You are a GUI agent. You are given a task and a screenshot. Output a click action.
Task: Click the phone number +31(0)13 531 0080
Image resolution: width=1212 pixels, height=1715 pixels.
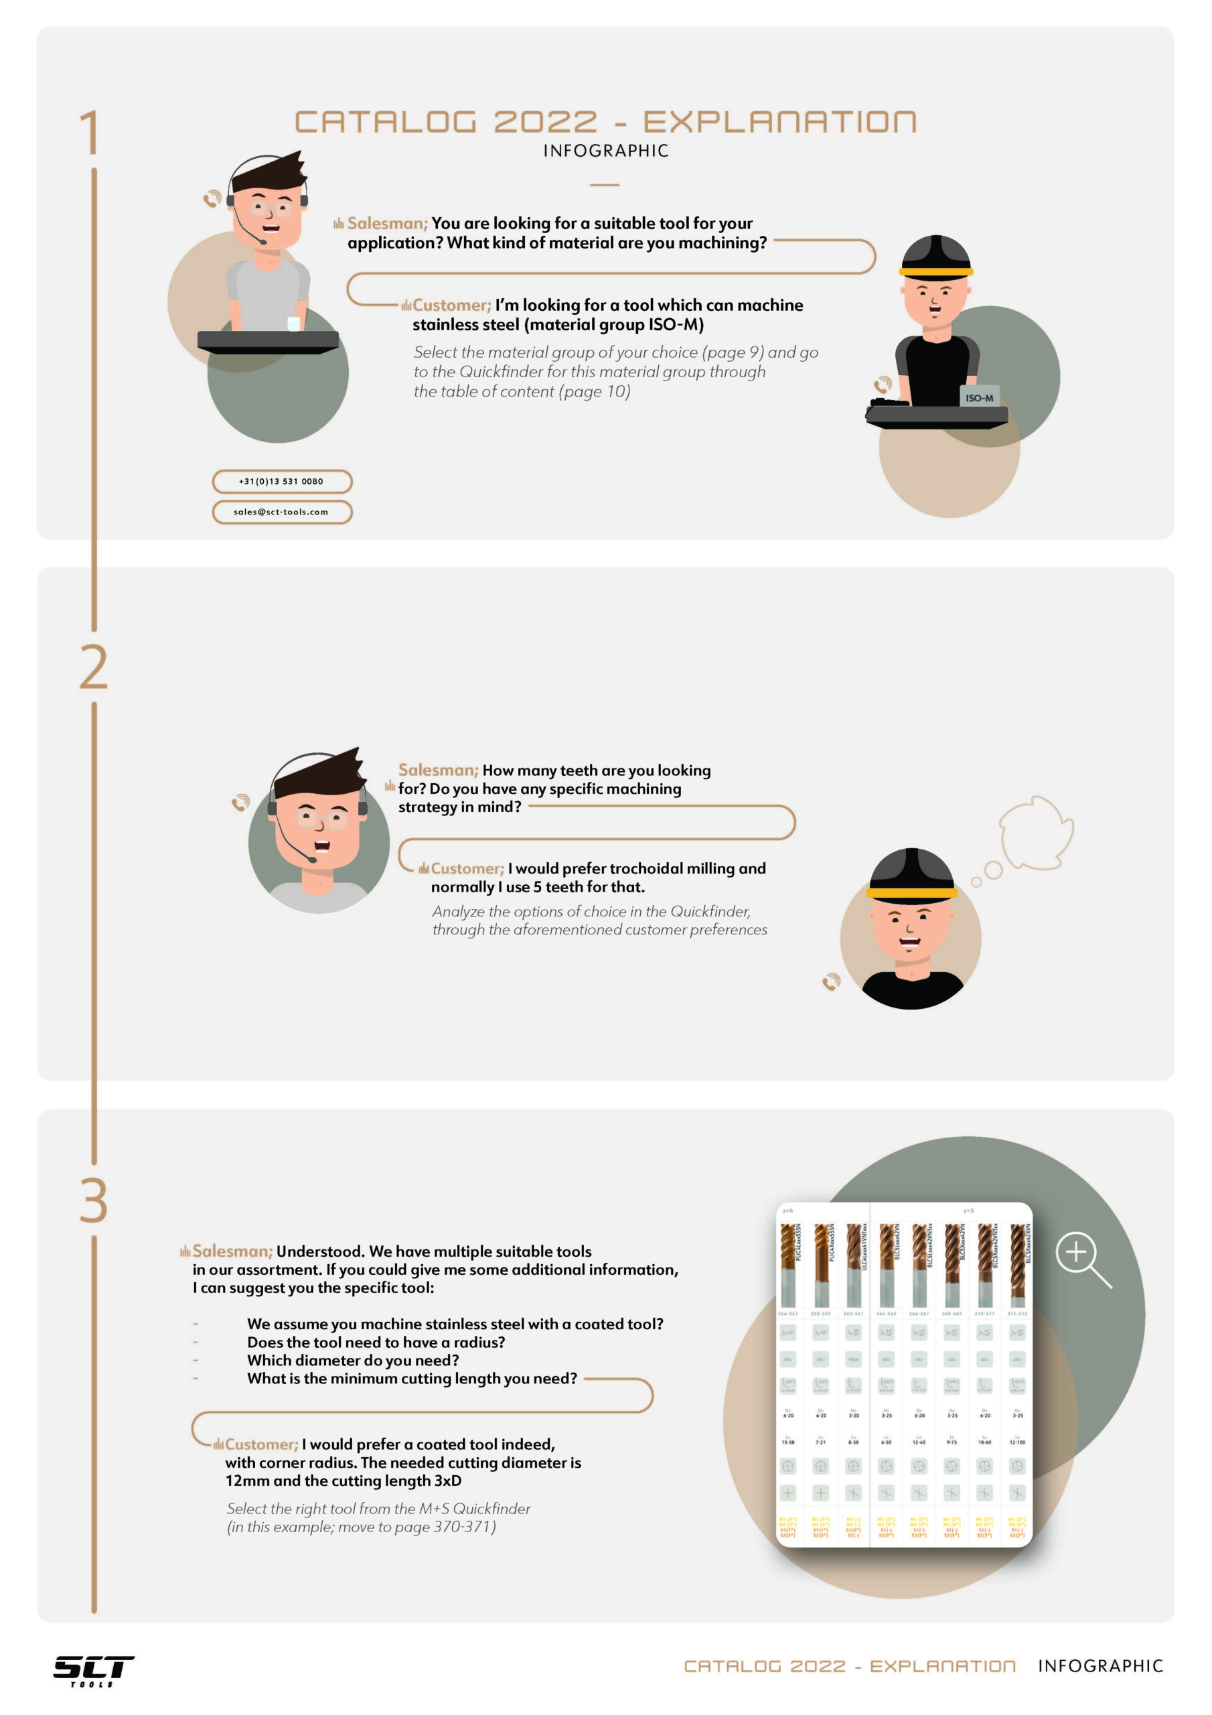click(281, 481)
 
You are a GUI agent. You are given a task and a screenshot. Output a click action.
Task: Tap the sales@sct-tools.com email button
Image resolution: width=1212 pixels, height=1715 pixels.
click(281, 512)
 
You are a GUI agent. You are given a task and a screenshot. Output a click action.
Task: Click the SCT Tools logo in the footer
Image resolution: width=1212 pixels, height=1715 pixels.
click(93, 1670)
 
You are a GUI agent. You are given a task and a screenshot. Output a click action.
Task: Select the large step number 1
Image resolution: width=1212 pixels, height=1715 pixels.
click(90, 132)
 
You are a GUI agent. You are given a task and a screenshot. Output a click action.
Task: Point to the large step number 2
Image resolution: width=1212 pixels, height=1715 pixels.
click(93, 667)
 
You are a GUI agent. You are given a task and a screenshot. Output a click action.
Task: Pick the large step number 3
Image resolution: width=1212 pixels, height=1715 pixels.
click(93, 1200)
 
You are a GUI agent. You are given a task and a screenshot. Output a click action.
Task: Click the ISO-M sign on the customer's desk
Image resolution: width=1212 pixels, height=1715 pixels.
click(979, 397)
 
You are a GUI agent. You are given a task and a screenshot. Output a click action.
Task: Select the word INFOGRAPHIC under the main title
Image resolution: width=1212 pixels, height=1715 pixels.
click(605, 151)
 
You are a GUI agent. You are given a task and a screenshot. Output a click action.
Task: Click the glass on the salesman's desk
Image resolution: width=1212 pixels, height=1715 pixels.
click(293, 324)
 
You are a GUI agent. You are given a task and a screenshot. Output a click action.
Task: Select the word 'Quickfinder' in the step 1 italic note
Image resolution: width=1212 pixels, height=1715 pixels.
click(500, 372)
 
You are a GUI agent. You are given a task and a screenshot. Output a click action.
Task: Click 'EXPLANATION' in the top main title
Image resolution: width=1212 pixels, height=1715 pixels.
click(779, 122)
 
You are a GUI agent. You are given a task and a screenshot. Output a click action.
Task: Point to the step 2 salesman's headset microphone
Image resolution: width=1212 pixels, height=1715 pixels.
click(312, 860)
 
